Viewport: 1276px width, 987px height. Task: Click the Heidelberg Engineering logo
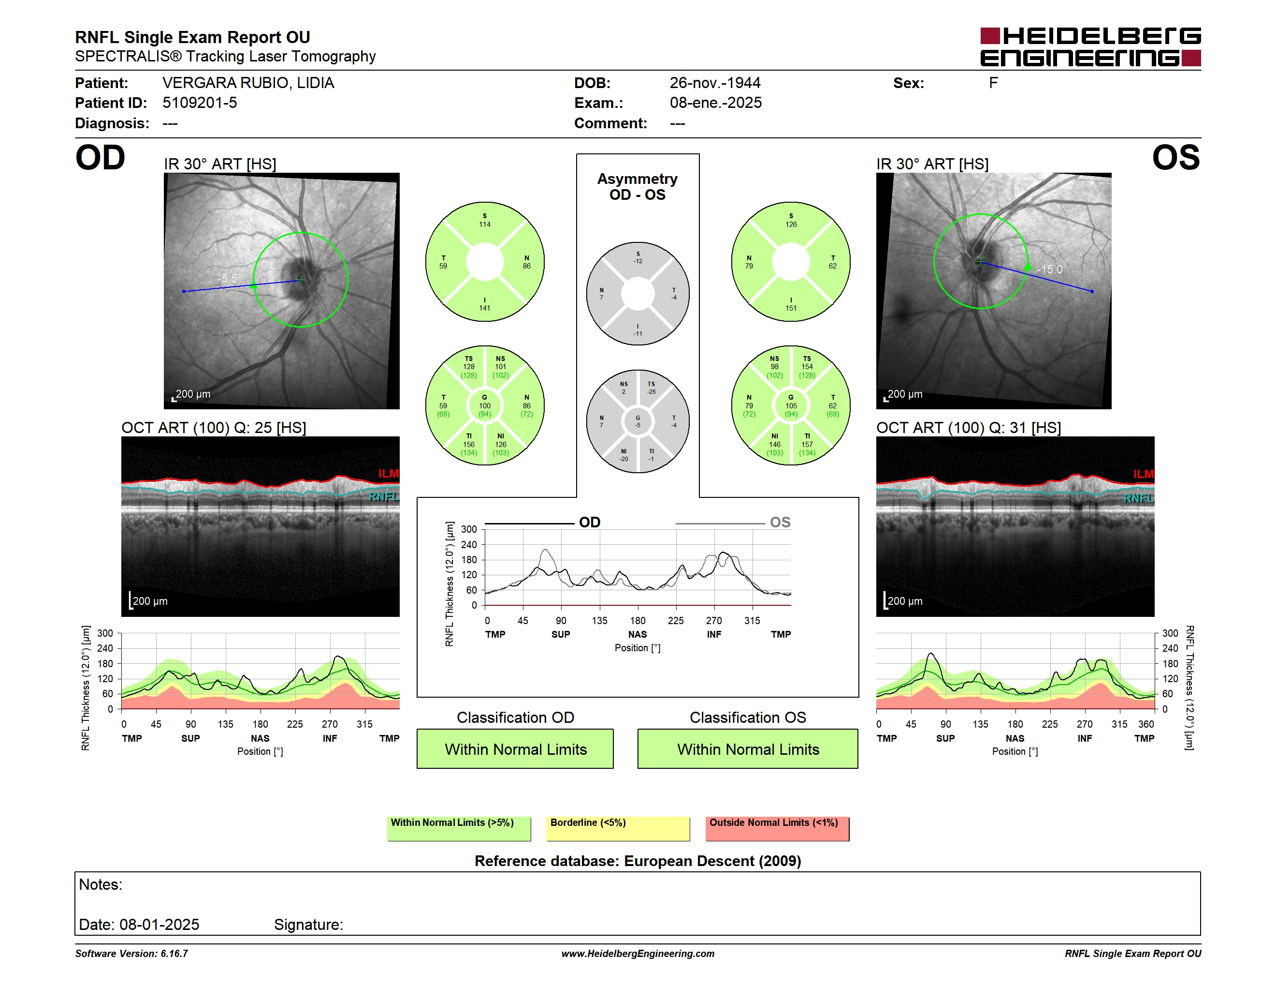(1090, 47)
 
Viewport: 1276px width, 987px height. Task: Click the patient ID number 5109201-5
(200, 103)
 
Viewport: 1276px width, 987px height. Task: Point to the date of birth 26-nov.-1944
(715, 83)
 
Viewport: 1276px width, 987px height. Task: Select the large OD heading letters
(100, 158)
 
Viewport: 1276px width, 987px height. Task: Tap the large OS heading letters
(1175, 158)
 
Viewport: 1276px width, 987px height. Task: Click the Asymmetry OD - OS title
(638, 187)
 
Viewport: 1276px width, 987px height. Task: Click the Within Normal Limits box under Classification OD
(515, 748)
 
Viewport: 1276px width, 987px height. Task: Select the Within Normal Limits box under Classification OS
(748, 748)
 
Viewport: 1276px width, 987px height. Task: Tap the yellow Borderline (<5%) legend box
(618, 828)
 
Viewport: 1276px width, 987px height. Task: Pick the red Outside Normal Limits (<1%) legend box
(777, 828)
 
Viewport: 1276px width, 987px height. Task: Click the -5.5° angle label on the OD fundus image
(229, 278)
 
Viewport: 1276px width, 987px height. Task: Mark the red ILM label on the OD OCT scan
(388, 474)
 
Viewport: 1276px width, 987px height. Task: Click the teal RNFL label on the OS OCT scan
(1138, 498)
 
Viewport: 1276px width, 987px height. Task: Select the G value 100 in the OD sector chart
(485, 406)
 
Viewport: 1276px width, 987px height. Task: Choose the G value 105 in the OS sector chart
(791, 406)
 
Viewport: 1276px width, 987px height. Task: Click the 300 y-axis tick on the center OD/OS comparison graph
(469, 529)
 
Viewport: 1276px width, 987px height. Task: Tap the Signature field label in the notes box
(308, 925)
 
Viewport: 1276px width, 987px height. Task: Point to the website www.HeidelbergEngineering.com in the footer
(638, 954)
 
